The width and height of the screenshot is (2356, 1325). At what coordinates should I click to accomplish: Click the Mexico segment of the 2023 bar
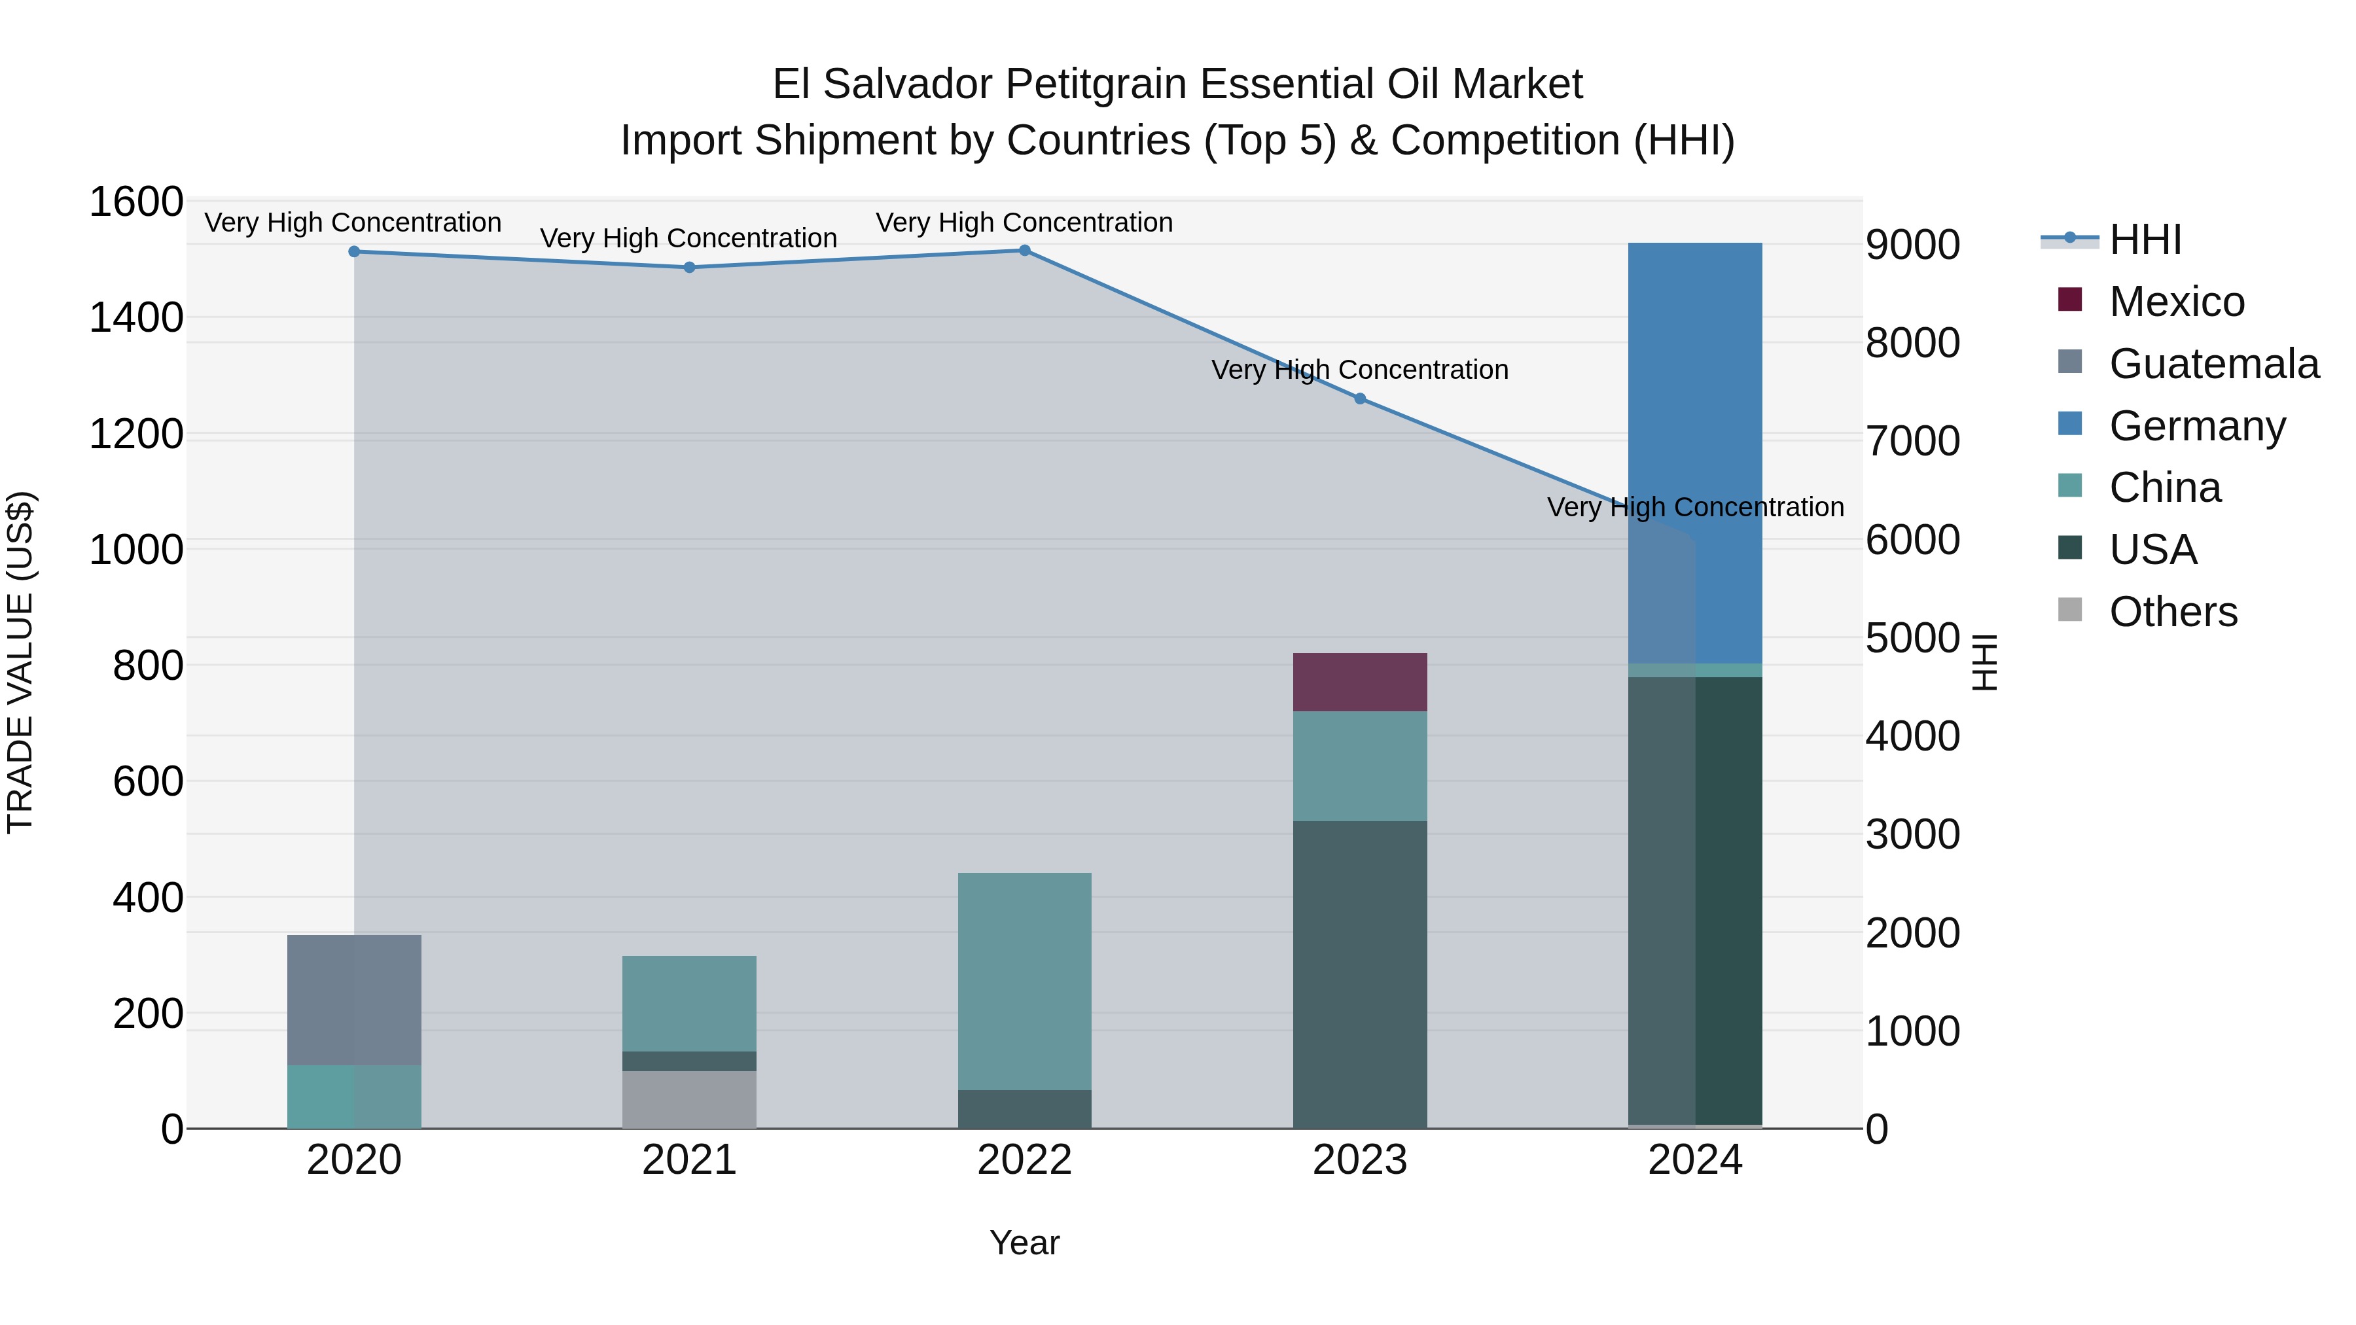(x=1359, y=682)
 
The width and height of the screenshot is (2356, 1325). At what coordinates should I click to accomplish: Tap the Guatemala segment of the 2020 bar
(x=354, y=999)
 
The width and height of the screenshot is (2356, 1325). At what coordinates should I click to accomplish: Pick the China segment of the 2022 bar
(x=1024, y=980)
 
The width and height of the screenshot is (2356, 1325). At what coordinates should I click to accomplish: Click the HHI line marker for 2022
(x=1024, y=251)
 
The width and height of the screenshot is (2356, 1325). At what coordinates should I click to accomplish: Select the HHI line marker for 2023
(x=1359, y=398)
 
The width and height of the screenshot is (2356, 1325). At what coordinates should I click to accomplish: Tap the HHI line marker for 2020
(x=354, y=251)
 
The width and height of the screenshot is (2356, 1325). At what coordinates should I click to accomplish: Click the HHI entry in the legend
(x=2145, y=239)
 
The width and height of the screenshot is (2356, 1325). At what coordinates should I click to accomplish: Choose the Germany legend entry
(x=2197, y=426)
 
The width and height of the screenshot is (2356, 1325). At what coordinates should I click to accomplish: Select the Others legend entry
(x=2173, y=612)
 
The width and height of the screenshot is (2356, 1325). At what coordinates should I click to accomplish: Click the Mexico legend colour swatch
(x=2070, y=300)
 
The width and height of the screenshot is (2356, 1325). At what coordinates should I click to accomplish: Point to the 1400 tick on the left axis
(x=135, y=318)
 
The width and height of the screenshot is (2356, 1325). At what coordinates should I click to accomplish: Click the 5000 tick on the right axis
(x=1912, y=638)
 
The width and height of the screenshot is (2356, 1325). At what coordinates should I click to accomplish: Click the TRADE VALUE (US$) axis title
(x=20, y=662)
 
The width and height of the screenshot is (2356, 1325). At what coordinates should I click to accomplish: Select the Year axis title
(x=1024, y=1243)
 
